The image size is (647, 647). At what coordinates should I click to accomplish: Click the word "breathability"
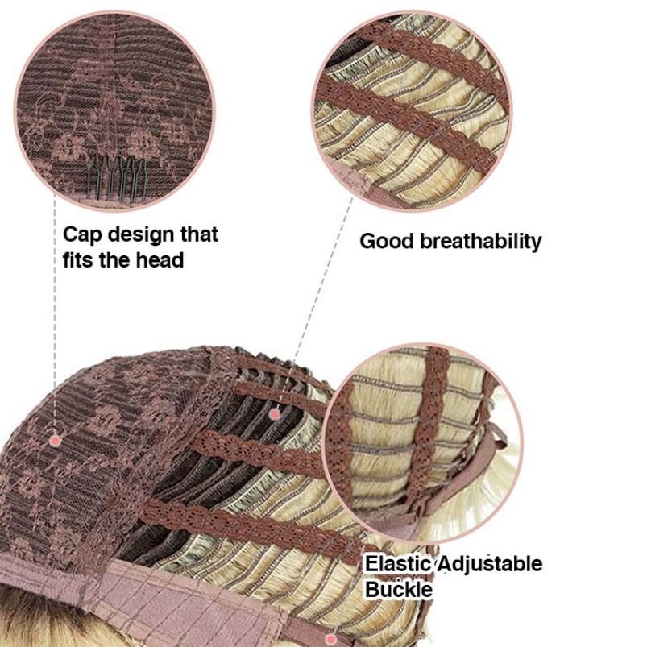pos(481,241)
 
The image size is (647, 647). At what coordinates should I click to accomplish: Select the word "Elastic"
pos(399,564)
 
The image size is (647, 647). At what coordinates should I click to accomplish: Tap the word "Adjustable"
pos(491,564)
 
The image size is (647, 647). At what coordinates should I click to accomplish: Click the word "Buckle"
pos(399,590)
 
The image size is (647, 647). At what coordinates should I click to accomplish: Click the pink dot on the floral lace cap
pos(56,440)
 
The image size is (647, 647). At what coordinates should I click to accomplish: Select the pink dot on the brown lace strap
pos(274,414)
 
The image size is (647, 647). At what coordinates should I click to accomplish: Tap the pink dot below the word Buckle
pos(330,639)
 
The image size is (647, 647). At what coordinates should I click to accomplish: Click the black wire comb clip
pos(112,172)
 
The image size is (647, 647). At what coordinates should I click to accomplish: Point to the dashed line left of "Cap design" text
pos(54,322)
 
